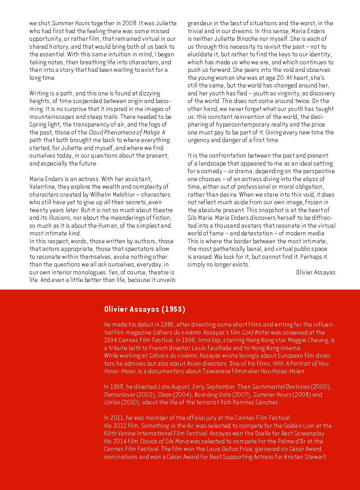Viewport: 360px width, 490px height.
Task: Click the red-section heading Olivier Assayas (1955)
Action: (x=144, y=309)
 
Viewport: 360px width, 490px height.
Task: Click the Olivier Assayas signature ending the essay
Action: (x=315, y=272)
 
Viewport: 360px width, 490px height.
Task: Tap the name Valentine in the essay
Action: (x=42, y=187)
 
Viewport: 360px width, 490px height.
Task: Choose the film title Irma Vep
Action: (x=209, y=340)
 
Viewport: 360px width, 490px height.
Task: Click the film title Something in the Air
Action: (x=167, y=426)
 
